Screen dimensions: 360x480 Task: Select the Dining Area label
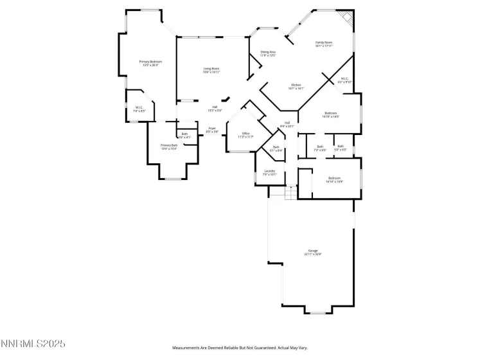pos(268,53)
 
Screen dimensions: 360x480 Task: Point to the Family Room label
pos(324,44)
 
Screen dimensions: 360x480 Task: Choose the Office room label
pos(245,135)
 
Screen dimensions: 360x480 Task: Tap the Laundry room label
pos(270,172)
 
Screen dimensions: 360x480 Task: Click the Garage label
pos(313,252)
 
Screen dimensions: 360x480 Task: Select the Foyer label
pos(212,130)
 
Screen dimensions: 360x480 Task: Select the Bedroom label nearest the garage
pos(334,179)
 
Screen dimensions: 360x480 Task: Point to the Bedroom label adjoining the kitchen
pos(331,115)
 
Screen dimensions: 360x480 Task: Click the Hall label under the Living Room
pos(215,109)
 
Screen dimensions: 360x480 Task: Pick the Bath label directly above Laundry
pos(276,148)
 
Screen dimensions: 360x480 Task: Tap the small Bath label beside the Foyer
pos(184,136)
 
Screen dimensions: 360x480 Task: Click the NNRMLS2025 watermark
pos(33,345)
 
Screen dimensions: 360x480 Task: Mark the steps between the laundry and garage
pos(283,192)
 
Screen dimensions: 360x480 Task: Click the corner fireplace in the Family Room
pos(347,19)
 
